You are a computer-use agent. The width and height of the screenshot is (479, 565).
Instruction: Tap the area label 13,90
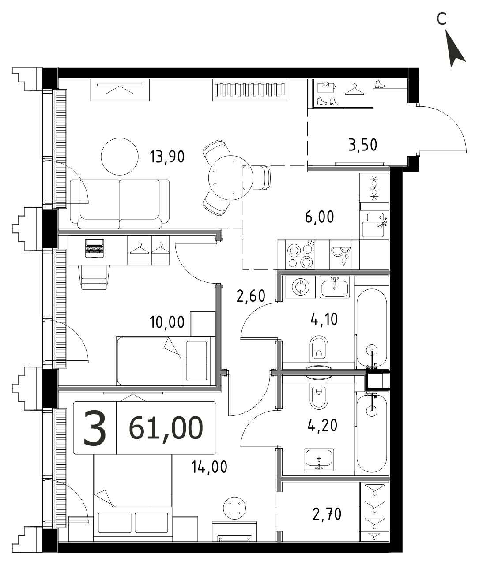point(167,157)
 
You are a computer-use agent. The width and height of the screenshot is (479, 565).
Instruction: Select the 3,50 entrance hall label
point(363,145)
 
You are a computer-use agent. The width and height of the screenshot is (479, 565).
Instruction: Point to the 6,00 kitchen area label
point(319,217)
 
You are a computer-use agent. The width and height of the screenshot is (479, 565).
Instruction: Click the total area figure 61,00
point(166,428)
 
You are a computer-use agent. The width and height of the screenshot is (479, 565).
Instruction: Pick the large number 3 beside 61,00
point(94,428)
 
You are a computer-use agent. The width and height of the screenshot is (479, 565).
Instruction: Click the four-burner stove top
point(300,255)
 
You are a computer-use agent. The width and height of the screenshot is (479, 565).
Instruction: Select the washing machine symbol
point(300,287)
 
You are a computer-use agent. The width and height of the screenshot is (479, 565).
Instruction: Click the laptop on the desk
point(94,248)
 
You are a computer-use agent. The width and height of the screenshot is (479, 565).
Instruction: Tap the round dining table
point(230,178)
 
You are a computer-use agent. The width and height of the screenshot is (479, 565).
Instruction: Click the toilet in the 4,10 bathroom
point(319,349)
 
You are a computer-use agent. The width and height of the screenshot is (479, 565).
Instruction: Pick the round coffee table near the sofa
point(119,156)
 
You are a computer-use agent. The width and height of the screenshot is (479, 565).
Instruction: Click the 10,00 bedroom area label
point(167,322)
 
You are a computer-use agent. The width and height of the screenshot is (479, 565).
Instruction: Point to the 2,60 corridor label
point(251,296)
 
